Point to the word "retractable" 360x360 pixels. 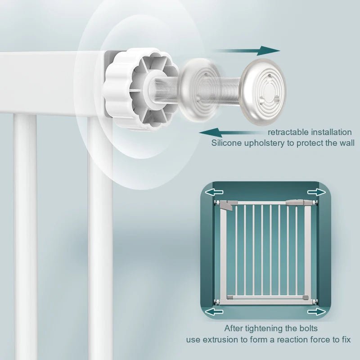coord(288,132)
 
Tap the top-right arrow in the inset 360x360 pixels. coord(317,192)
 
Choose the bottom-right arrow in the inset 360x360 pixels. coord(317,311)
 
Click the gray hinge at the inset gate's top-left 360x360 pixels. coord(227,205)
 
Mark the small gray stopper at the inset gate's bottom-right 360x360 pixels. coord(306,297)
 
